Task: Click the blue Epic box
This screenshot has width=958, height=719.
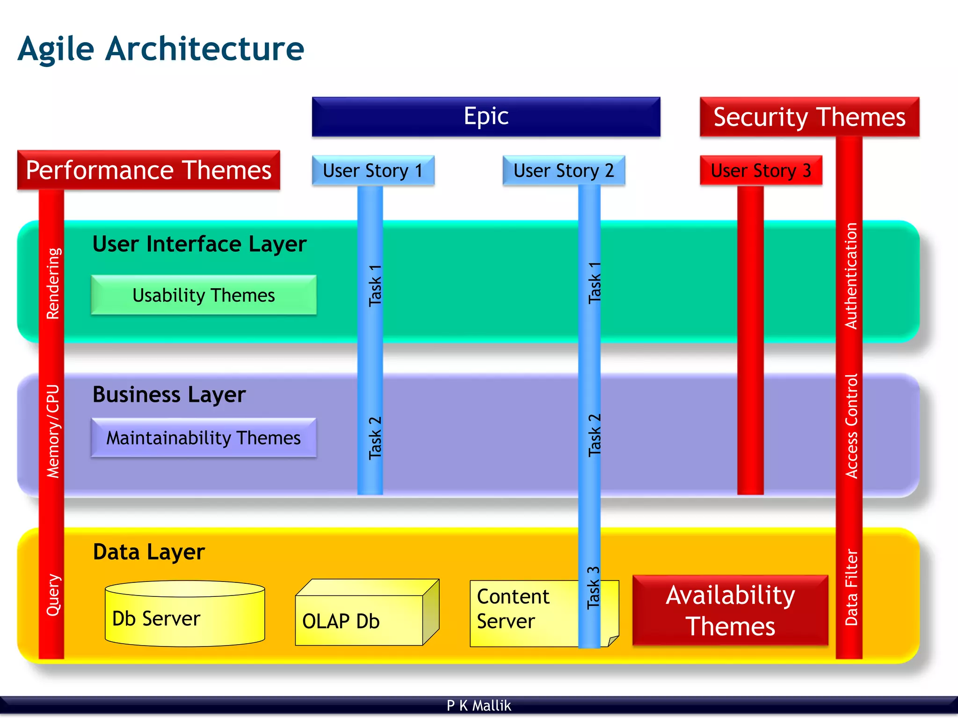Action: [x=486, y=116]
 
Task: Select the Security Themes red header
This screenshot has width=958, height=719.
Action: [x=809, y=117]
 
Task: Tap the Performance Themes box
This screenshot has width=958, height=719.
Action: [x=148, y=170]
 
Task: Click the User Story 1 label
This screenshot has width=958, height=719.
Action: [x=373, y=171]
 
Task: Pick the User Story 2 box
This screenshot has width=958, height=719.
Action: [x=563, y=171]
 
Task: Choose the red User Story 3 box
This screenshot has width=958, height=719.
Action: [x=761, y=171]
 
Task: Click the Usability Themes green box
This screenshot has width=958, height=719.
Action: [x=203, y=295]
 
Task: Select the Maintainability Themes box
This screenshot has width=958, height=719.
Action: [x=203, y=438]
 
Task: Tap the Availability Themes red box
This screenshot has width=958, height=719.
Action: [x=730, y=610]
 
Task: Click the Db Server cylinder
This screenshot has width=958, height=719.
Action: [x=185, y=617]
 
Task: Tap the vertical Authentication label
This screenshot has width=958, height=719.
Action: [x=850, y=276]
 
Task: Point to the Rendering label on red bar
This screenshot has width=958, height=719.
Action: [x=53, y=283]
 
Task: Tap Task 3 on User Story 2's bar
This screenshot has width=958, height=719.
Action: [x=593, y=588]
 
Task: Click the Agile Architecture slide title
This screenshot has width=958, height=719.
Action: [x=161, y=49]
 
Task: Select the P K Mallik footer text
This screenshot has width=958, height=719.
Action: [x=479, y=705]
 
